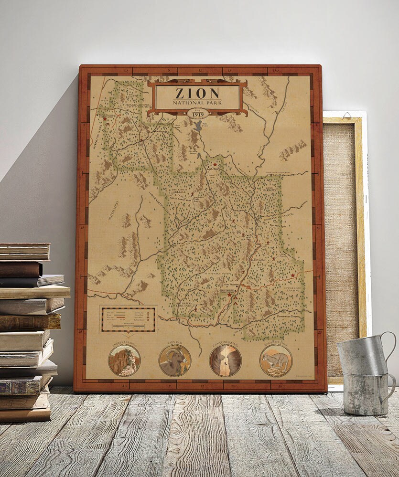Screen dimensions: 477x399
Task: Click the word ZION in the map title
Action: click(197, 93)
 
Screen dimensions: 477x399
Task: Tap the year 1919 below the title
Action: click(197, 115)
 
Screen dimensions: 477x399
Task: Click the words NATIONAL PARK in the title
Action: click(197, 102)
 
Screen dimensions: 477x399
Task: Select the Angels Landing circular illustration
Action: click(124, 360)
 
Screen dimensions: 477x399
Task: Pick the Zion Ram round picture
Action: click(175, 360)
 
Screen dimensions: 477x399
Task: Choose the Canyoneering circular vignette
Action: click(225, 360)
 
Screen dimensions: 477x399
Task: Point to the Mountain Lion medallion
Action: click(276, 360)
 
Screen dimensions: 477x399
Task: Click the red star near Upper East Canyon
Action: click(292, 276)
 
